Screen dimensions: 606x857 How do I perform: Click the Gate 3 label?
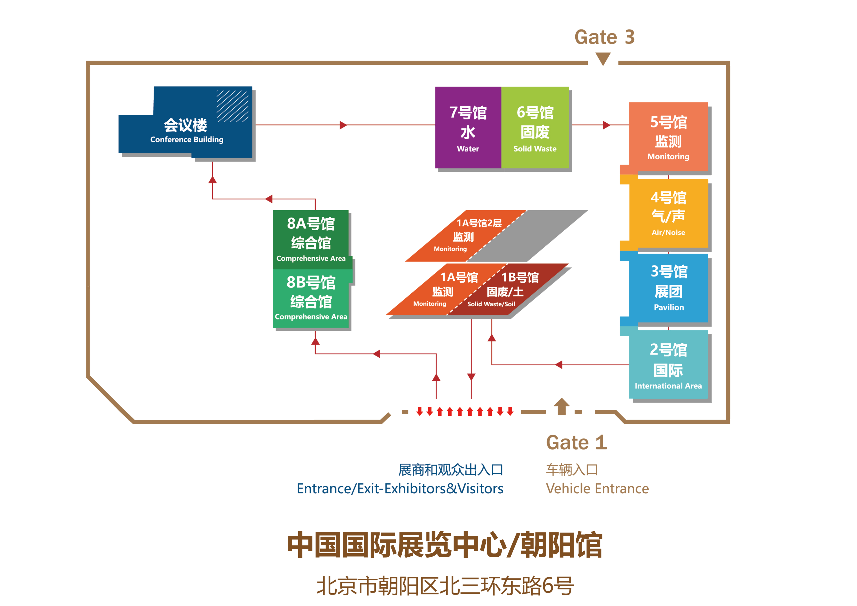coord(604,37)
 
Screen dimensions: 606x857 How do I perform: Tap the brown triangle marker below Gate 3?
coord(603,58)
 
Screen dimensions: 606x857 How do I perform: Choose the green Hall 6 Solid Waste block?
coord(535,127)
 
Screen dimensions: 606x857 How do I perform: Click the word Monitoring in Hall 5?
coord(668,157)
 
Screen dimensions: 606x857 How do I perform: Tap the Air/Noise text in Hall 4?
coord(668,233)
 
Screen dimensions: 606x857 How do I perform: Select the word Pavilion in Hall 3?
coord(668,308)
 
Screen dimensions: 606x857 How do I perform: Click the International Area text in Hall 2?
coord(668,386)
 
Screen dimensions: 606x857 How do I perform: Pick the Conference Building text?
coord(187,139)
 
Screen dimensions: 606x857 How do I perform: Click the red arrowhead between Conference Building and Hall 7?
coord(343,125)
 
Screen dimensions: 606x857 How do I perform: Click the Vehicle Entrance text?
coord(597,489)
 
